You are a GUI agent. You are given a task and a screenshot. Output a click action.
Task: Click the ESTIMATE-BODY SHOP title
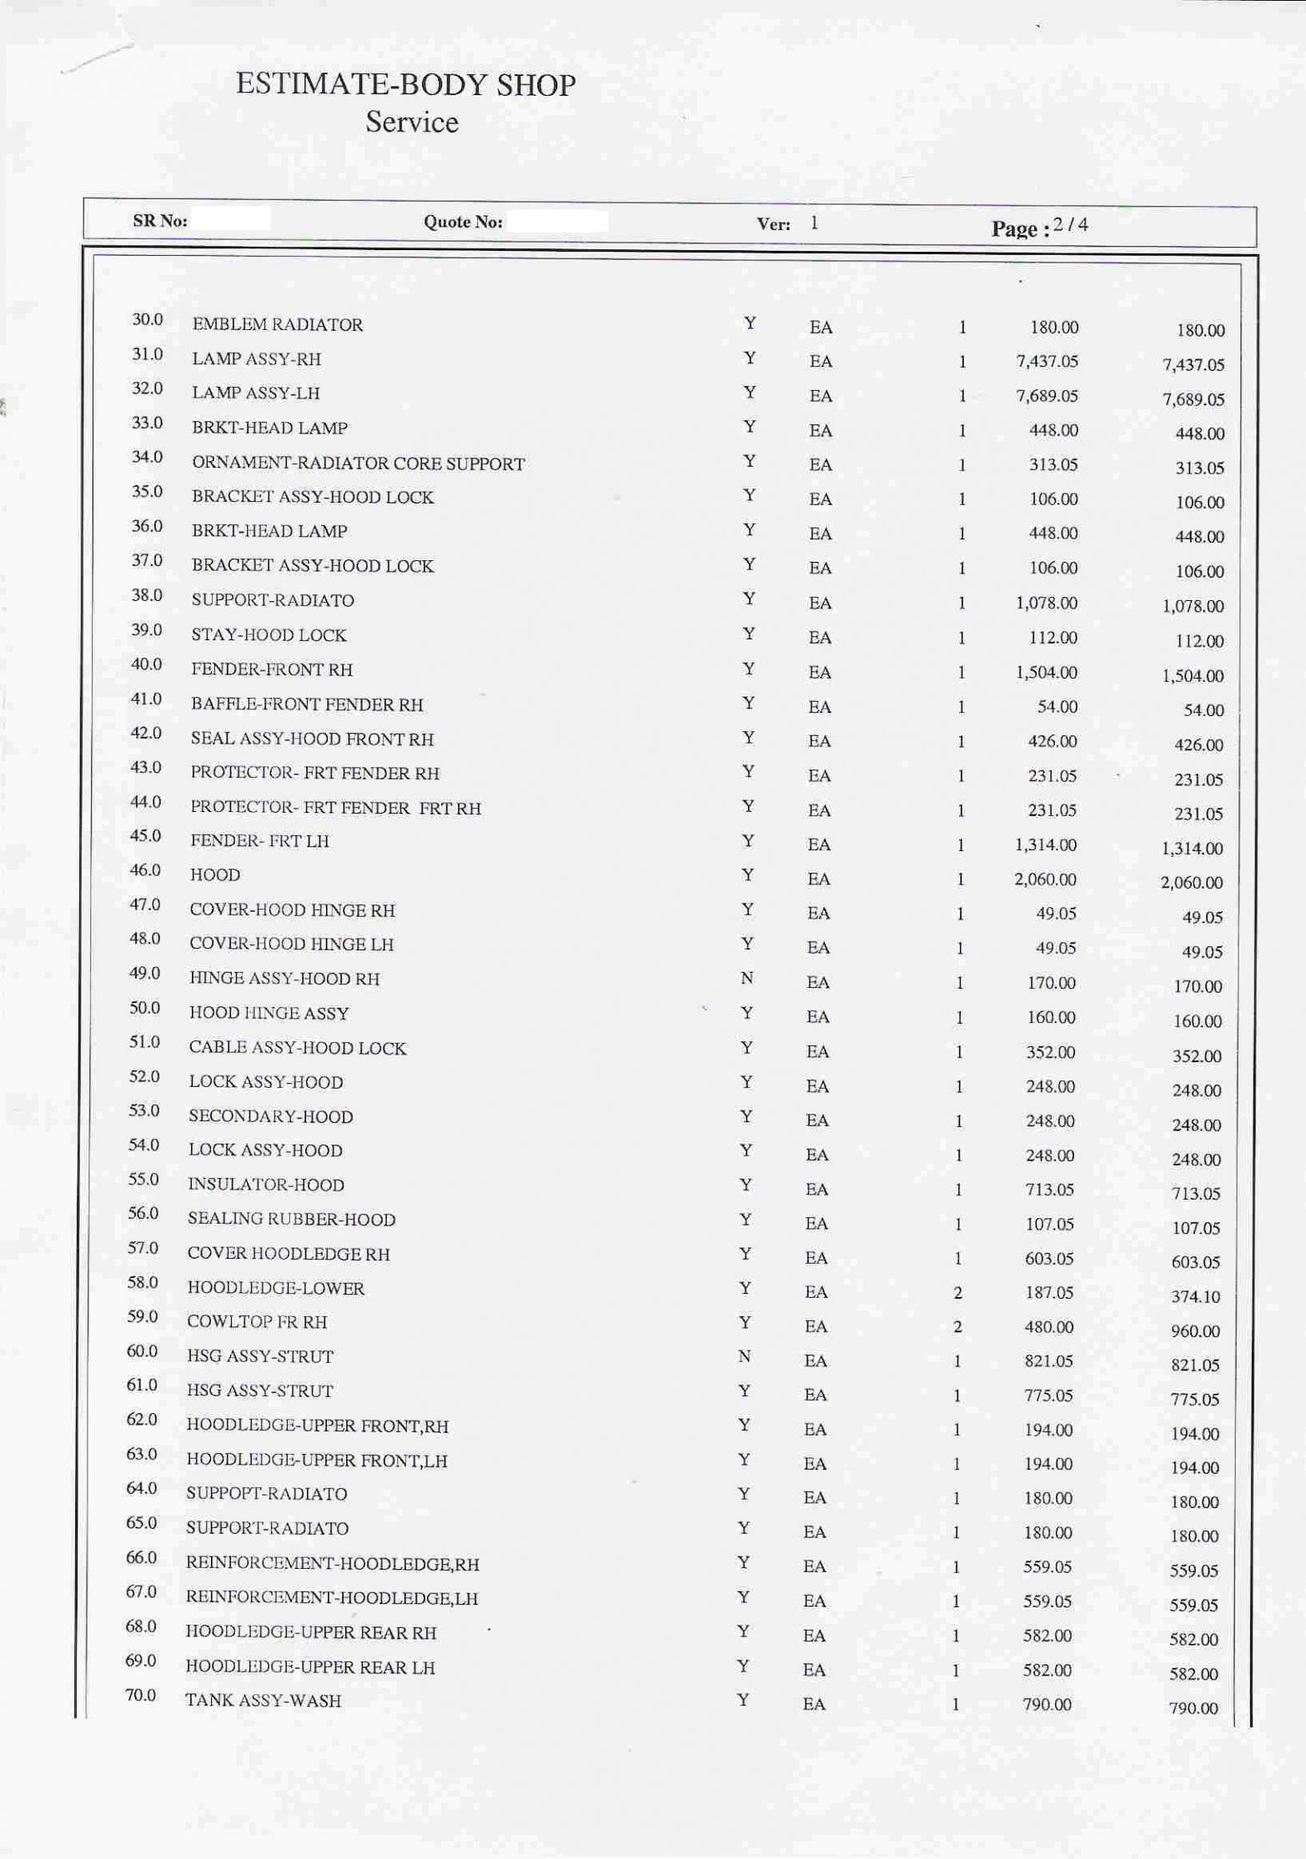pos(405,85)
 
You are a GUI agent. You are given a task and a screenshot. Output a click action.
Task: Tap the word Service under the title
pos(411,123)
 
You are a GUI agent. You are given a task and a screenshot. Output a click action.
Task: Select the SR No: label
pos(159,221)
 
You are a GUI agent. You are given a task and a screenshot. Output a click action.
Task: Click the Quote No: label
pos(463,222)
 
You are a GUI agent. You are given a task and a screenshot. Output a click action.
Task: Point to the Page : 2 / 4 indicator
pos(1039,227)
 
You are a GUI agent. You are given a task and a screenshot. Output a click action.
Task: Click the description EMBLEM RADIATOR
pos(277,324)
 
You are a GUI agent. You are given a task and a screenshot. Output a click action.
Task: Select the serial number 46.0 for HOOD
pos(145,870)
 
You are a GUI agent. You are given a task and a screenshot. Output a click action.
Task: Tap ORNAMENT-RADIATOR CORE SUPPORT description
pos(358,463)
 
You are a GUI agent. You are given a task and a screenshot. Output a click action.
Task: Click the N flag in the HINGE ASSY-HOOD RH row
pos(746,978)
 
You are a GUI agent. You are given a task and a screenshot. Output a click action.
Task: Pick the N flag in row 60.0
pos(744,1356)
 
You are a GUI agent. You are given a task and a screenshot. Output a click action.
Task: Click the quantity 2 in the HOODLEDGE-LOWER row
pos(957,1293)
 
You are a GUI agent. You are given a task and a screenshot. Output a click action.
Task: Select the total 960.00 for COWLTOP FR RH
pos(1194,1331)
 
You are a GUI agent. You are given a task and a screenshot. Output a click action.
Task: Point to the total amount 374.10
pos(1194,1296)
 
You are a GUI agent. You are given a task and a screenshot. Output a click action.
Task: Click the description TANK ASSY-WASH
pos(263,1701)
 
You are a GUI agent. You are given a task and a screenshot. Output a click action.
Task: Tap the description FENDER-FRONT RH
pos(272,669)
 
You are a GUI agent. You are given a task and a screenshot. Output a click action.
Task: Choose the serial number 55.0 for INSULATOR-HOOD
pos(143,1180)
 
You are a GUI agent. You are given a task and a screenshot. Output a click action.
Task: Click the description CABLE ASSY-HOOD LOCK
pos(297,1048)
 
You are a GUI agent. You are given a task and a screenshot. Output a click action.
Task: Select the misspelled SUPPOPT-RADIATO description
pos(266,1494)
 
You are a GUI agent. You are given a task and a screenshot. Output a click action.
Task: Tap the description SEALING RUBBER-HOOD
pos(291,1220)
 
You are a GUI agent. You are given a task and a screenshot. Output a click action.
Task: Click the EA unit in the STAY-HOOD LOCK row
pos(820,639)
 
